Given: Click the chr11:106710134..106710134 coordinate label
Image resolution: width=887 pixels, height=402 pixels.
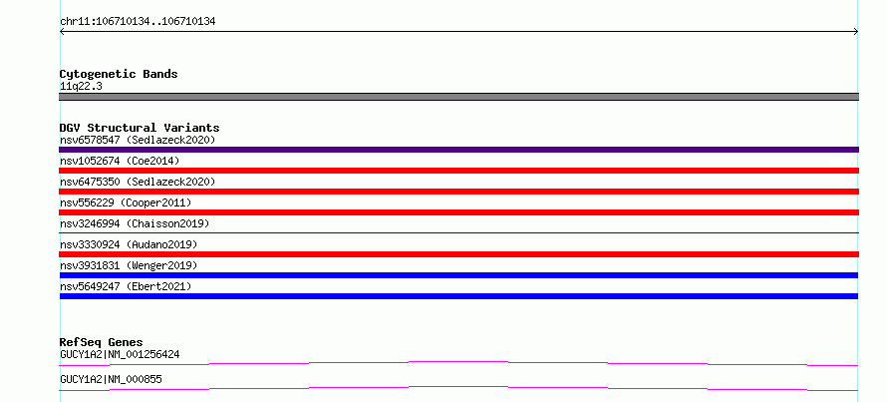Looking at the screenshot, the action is (x=138, y=22).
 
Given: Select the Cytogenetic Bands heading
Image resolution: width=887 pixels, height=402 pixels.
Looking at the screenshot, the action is (x=119, y=74).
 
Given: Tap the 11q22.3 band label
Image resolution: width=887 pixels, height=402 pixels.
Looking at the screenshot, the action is (x=81, y=87).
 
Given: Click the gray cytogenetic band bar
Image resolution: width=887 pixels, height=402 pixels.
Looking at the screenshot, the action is (x=458, y=97).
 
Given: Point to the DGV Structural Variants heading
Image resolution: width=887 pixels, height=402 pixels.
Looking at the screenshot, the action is (x=140, y=128).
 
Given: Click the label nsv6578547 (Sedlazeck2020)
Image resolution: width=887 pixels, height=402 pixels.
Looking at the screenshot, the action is (x=138, y=140).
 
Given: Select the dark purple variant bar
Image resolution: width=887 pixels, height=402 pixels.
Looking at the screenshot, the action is (x=458, y=150).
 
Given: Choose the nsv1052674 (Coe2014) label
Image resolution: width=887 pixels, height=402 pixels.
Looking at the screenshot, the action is (x=120, y=161).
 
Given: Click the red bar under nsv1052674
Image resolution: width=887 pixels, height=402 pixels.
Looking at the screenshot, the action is (x=458, y=171).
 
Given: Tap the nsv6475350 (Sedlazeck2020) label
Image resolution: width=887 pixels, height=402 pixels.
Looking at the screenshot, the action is (x=138, y=182).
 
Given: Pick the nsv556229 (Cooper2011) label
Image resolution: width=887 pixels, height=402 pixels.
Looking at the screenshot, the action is (x=126, y=202).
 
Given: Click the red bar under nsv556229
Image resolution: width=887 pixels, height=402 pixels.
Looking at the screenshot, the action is (x=458, y=212).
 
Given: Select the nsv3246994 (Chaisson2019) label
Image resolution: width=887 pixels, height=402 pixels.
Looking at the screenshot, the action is (x=135, y=223).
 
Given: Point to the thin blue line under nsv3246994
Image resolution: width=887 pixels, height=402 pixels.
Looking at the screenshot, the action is (x=458, y=232).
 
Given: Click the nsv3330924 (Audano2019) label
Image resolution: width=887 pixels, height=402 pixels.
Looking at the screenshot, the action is (x=129, y=244).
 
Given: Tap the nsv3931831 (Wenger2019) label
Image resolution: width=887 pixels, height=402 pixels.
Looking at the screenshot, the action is (x=129, y=265).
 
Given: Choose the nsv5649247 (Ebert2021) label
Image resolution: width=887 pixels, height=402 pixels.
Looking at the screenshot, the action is (x=126, y=286).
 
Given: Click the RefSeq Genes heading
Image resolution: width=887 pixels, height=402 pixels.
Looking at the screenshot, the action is (x=102, y=342).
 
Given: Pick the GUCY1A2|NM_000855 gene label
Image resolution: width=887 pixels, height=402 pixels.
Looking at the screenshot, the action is (x=111, y=379).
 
